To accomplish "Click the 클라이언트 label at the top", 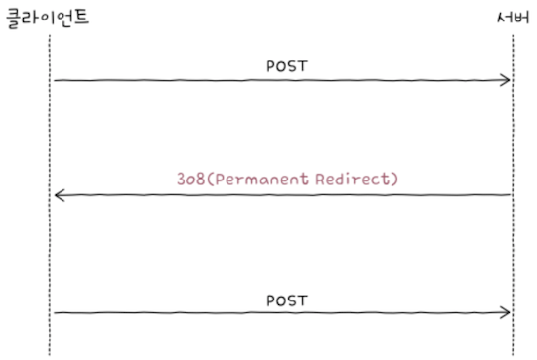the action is coord(47,17).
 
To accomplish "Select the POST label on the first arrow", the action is coord(286,65).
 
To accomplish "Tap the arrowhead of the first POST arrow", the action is coord(507,80).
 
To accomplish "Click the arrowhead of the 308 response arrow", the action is coord(59,196).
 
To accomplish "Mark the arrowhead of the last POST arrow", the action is coord(507,312).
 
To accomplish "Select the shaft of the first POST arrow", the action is coord(283,80).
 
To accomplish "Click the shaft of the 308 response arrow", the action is coord(283,195).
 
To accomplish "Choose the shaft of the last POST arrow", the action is coord(283,312).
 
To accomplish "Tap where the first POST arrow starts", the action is coord(55,80).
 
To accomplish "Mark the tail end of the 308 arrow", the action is coord(510,195).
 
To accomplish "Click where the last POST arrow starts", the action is coord(55,312).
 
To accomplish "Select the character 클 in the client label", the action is coord(15,17).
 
